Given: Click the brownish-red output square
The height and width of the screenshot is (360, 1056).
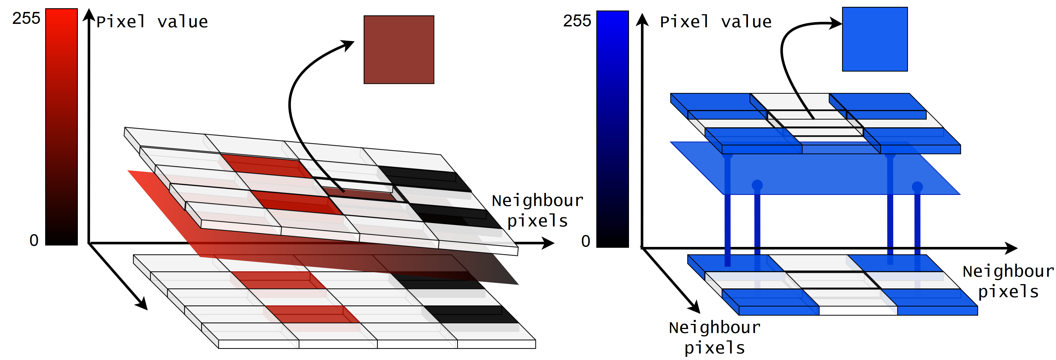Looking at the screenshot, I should coord(399,50).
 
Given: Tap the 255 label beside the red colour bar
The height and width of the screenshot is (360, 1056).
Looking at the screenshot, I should coord(26,18).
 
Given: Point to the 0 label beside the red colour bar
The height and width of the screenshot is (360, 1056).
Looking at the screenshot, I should coord(34,240).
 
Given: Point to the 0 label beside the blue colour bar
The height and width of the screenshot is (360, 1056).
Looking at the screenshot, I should coord(586,242).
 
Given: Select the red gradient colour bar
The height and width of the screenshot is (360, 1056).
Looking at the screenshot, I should coord(61,127).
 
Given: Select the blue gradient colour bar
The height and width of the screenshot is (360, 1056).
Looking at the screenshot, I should coord(613,129).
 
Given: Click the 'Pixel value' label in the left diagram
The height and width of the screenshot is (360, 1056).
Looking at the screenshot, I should coord(152,22).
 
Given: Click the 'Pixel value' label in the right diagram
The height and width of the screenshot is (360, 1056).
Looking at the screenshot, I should coord(715,22).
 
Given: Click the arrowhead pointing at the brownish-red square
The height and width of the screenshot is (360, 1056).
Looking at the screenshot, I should coord(348,44).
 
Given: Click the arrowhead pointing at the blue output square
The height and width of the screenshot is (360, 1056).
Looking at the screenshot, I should coord(836,23).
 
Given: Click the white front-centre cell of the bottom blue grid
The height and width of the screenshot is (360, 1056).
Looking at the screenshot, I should coord(858,310).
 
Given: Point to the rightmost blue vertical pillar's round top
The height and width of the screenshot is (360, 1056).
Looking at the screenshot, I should coord(917,187).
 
